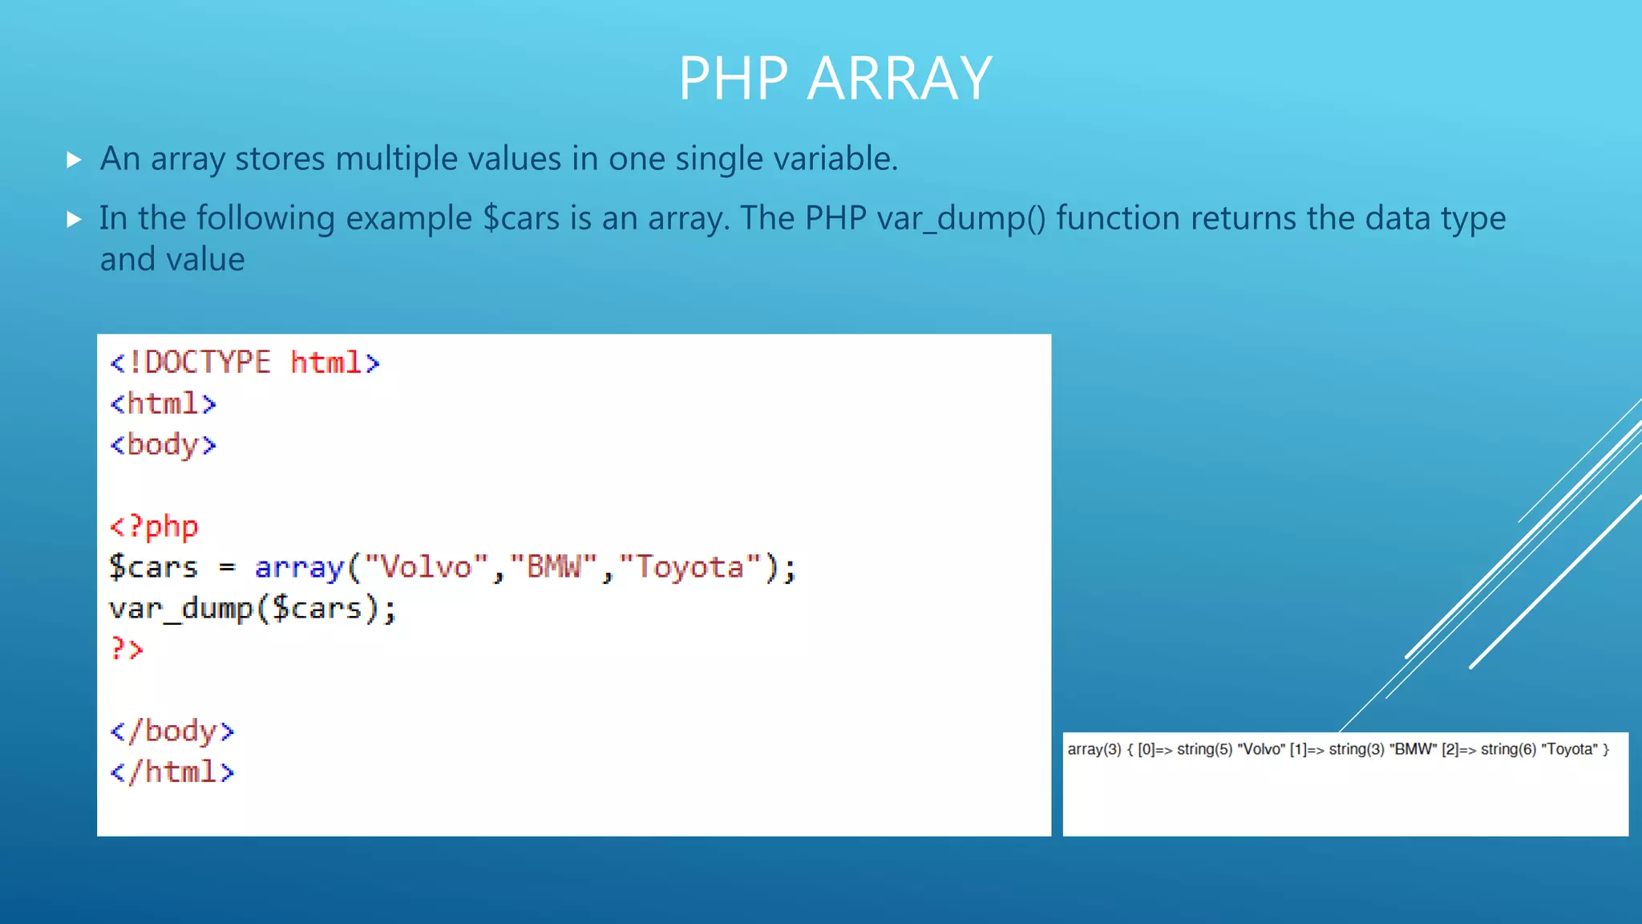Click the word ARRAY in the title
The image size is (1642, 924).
900,79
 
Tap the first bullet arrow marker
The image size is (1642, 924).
74,160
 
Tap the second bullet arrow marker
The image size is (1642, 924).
74,219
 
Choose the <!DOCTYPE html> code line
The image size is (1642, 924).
245,363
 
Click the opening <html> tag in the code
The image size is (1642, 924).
163,403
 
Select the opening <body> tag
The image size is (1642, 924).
163,444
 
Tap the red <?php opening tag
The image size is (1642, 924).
154,526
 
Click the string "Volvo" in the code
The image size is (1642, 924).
427,567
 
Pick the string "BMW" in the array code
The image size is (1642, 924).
553,567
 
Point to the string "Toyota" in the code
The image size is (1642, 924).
690,567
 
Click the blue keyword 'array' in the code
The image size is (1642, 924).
299,567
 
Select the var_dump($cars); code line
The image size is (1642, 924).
253,608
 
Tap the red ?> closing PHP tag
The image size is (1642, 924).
127,649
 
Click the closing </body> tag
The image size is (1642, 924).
172,731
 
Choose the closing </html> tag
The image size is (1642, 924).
172,772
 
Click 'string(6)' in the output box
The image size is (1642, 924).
1508,749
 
